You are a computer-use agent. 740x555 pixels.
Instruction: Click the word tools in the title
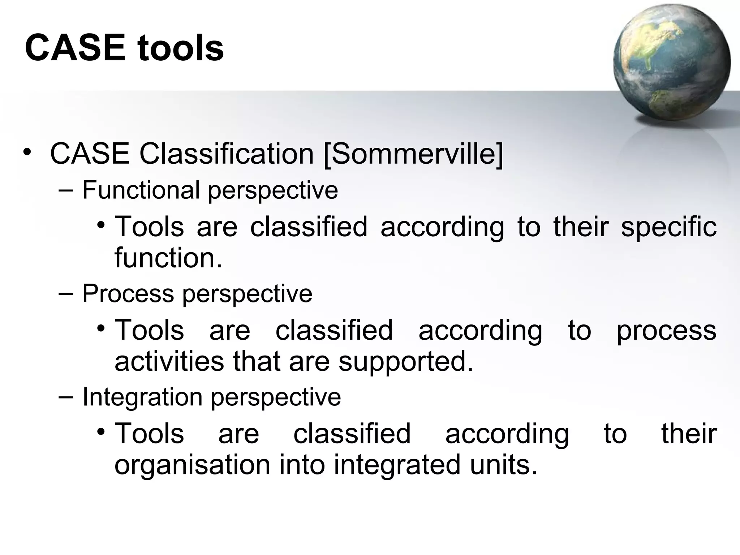180,48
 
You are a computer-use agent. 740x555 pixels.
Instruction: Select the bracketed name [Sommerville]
413,154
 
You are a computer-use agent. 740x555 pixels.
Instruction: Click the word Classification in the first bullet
227,154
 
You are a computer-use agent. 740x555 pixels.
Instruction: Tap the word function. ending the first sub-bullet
168,258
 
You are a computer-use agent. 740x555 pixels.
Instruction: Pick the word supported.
405,362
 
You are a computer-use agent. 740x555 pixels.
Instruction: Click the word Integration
142,397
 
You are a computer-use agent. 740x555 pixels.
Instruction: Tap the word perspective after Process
247,294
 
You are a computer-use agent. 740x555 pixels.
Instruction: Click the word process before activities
666,331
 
